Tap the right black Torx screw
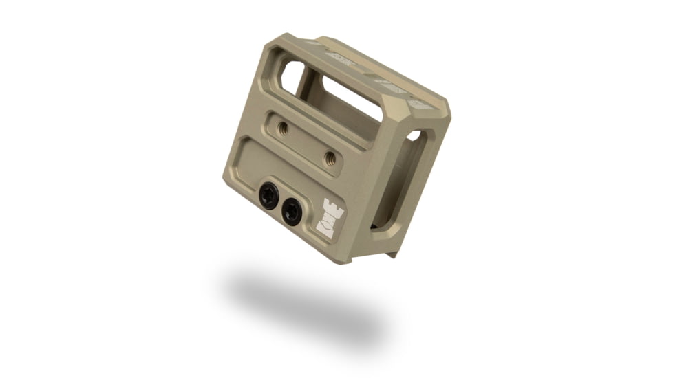coord(291,211)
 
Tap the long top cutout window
coord(344,96)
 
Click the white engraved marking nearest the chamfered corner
coord(420,104)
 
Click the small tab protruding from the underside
coord(392,253)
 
